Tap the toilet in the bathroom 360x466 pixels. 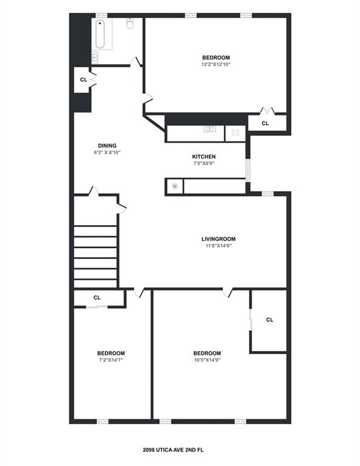point(130,25)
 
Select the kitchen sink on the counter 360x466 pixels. point(210,129)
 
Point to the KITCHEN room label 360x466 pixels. point(204,157)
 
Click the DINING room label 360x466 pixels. point(107,146)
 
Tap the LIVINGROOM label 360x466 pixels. point(218,238)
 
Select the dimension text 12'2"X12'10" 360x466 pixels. point(216,64)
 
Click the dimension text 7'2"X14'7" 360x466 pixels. point(111,360)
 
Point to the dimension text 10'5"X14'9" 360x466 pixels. point(206,360)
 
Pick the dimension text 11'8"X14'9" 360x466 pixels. point(218,246)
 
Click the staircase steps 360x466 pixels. point(95,255)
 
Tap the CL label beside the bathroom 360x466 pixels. point(83,79)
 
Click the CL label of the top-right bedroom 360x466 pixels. point(265,123)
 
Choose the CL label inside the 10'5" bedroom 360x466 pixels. point(270,320)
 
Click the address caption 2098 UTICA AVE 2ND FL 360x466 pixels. point(180,450)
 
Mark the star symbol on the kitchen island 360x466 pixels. point(175,186)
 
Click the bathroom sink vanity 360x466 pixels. point(96,57)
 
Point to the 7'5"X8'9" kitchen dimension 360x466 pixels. point(204,163)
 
